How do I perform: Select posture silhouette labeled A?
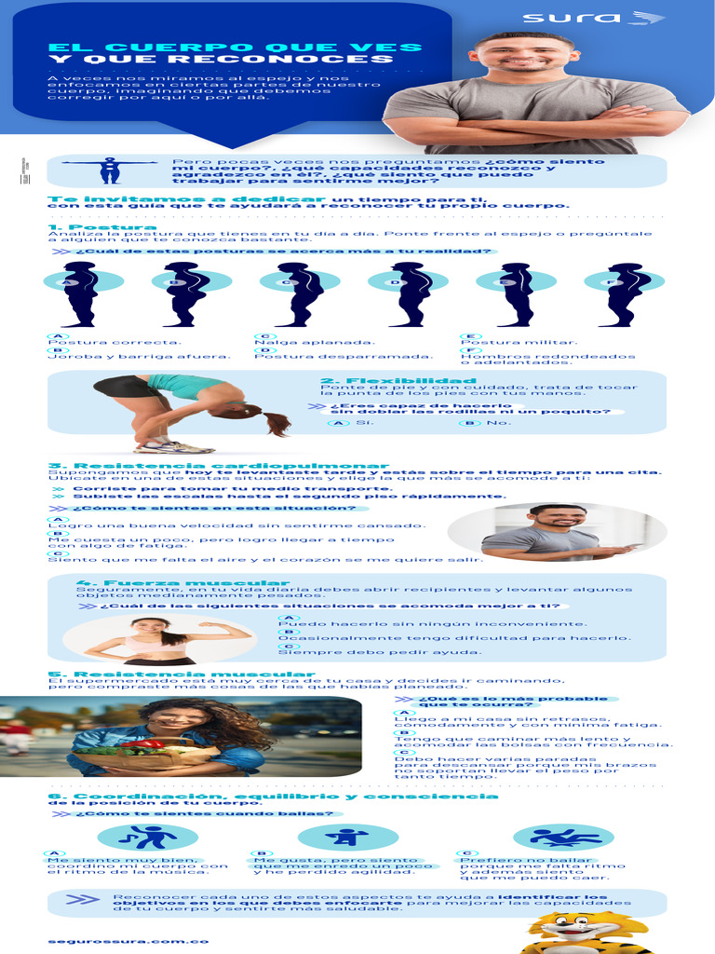pos(79,293)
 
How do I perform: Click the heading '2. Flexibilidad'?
pos(398,381)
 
